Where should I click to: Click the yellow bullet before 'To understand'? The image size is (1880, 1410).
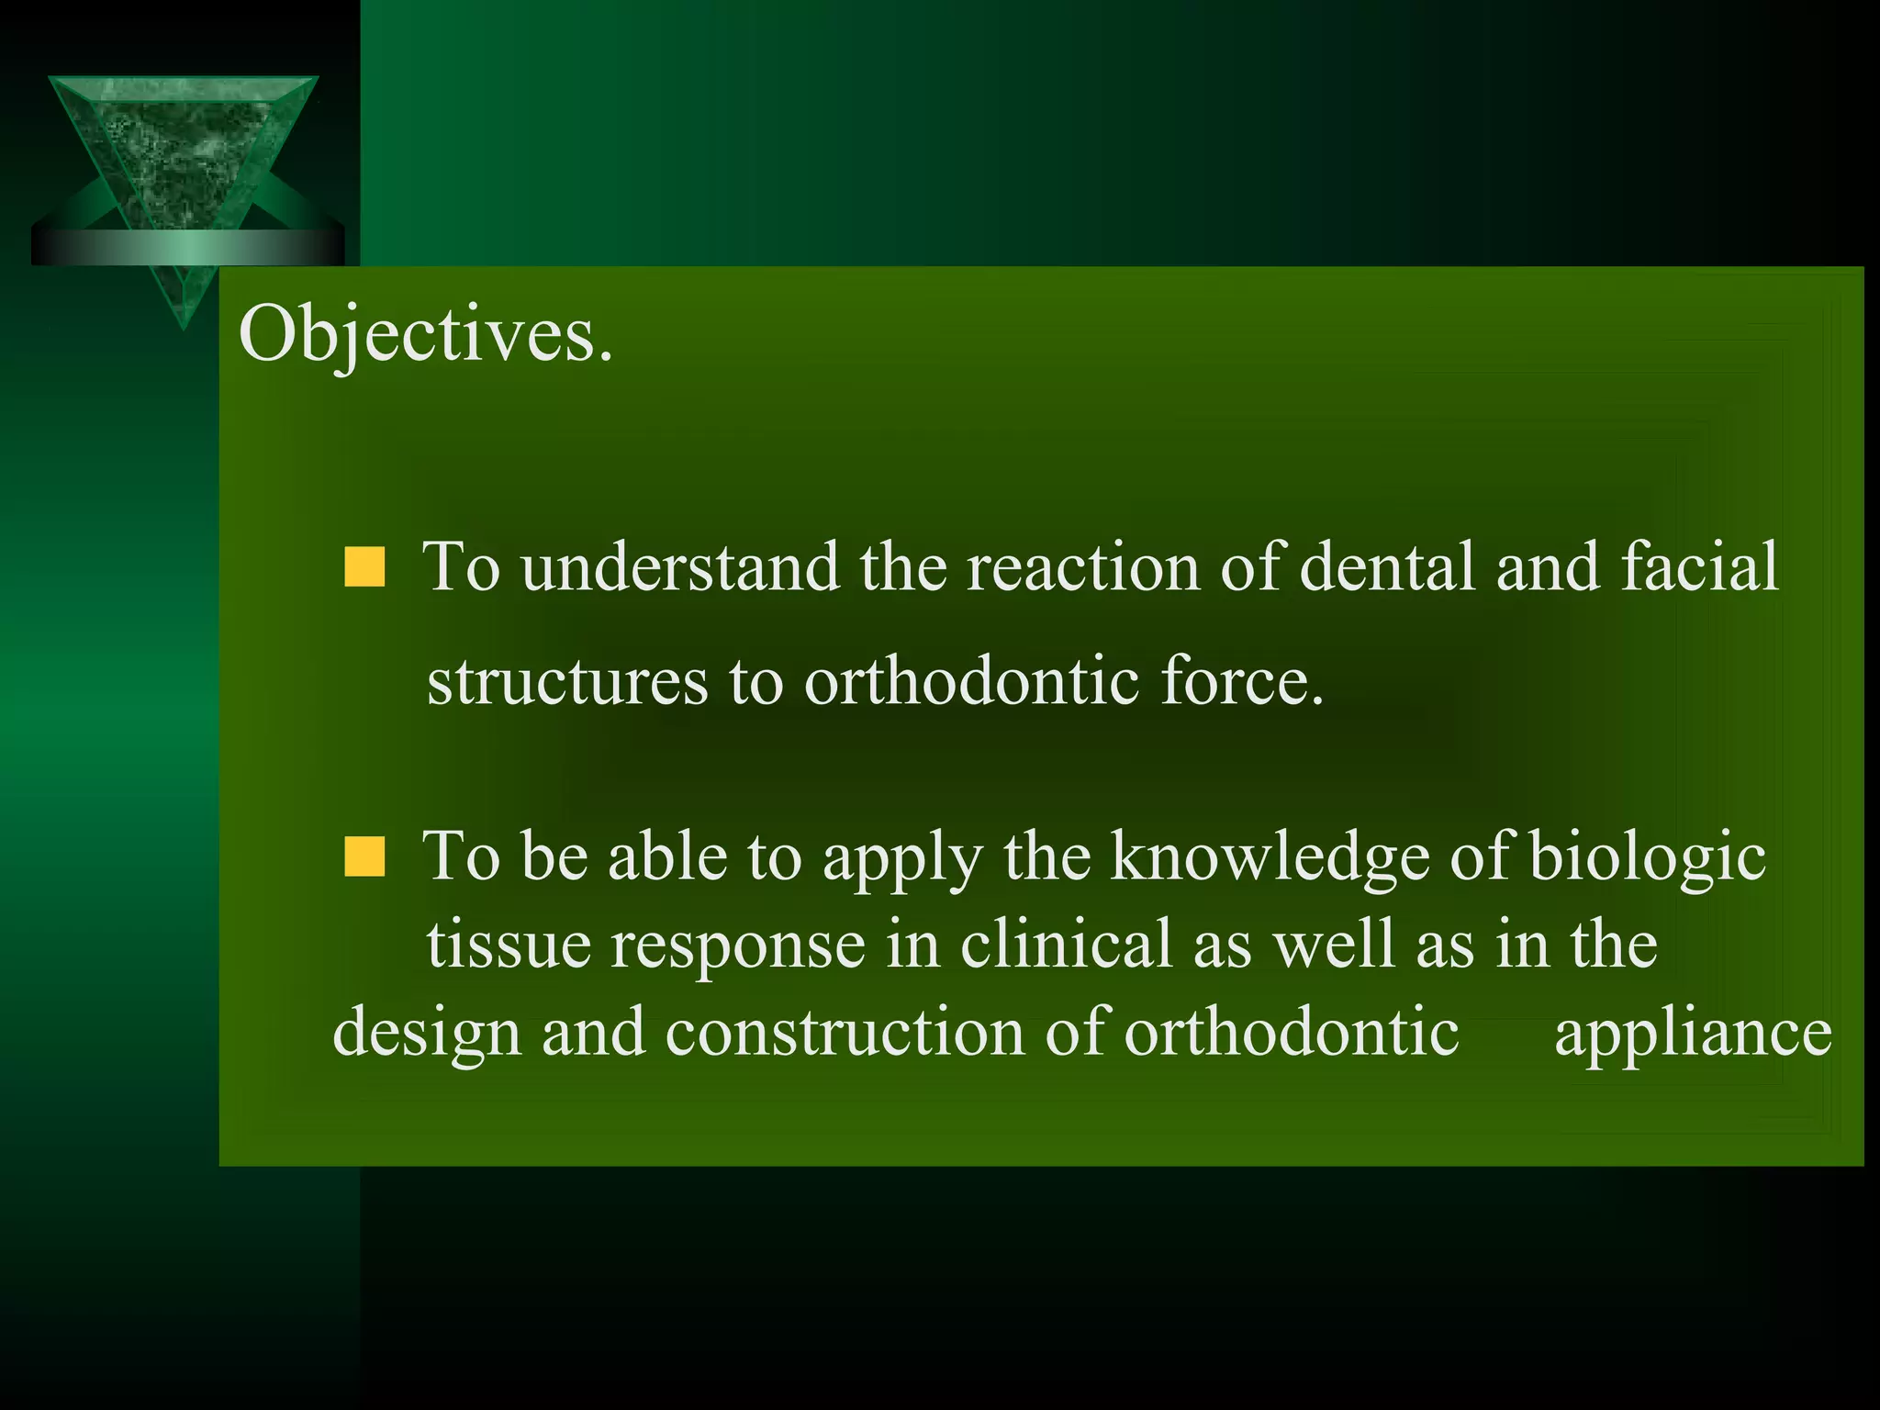pyautogui.click(x=364, y=567)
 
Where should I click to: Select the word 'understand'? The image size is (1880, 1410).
pyautogui.click(x=679, y=567)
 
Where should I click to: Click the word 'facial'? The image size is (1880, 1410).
pyautogui.click(x=1700, y=567)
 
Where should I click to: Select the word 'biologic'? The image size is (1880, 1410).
pyautogui.click(x=1647, y=856)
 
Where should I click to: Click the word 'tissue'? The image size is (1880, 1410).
pyautogui.click(x=509, y=946)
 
